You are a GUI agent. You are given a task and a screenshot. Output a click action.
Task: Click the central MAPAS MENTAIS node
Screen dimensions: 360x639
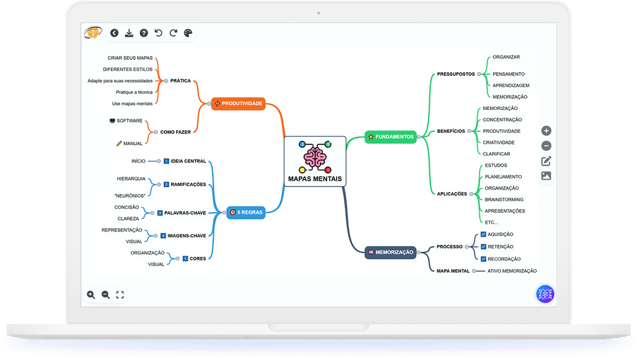[315, 162]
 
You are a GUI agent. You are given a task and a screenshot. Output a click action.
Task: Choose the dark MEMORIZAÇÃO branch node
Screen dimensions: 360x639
[390, 252]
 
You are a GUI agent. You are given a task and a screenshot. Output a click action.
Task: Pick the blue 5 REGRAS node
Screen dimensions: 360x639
[246, 212]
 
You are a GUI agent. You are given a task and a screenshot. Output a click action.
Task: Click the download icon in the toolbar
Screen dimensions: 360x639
[129, 33]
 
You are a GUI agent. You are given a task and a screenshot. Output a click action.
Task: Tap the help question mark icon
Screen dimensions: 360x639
[144, 33]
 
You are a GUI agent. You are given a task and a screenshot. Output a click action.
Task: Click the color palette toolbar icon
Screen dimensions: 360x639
[188, 33]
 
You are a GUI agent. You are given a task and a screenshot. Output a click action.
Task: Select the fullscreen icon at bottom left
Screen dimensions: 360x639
[120, 295]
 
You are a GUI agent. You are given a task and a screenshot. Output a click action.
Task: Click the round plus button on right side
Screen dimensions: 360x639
[546, 131]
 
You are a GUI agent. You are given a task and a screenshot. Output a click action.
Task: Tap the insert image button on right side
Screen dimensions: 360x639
[546, 176]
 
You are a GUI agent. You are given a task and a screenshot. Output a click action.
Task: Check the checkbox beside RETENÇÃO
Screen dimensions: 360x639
[483, 246]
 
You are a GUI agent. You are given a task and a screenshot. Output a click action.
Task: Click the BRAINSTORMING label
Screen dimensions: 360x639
[504, 199]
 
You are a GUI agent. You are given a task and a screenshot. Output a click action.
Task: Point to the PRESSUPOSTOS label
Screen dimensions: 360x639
[456, 74]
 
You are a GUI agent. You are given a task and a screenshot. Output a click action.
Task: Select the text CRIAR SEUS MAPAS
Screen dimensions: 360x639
[130, 58]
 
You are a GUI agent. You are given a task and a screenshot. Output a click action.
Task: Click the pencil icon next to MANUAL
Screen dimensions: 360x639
[119, 143]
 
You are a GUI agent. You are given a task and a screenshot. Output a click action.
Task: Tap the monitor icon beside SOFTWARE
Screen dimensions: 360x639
[112, 121]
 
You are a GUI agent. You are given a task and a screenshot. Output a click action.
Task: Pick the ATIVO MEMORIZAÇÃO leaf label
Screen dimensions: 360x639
[512, 271]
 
